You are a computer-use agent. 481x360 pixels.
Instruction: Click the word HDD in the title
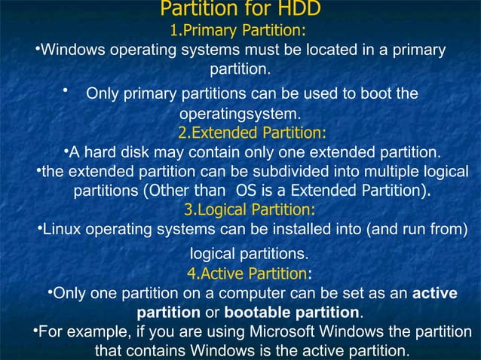[x=300, y=9]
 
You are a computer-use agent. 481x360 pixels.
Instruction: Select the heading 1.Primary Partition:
[x=240, y=31]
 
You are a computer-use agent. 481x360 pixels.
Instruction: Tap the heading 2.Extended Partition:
[x=252, y=133]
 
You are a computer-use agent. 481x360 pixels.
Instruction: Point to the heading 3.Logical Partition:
[x=250, y=209]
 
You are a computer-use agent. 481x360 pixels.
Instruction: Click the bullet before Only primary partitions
[x=67, y=91]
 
